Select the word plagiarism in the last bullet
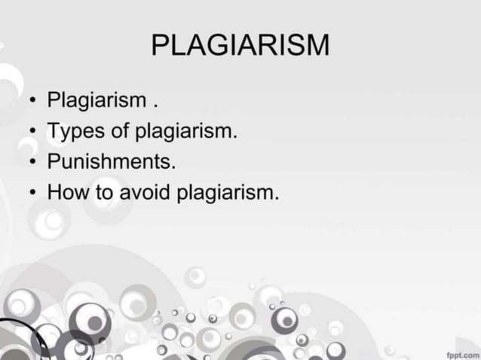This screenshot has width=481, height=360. [x=228, y=194]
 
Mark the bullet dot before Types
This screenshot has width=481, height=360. [x=32, y=133]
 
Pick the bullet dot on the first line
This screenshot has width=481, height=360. [x=32, y=101]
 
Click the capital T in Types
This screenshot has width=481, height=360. [x=54, y=133]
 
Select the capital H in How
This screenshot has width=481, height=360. [x=55, y=194]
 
